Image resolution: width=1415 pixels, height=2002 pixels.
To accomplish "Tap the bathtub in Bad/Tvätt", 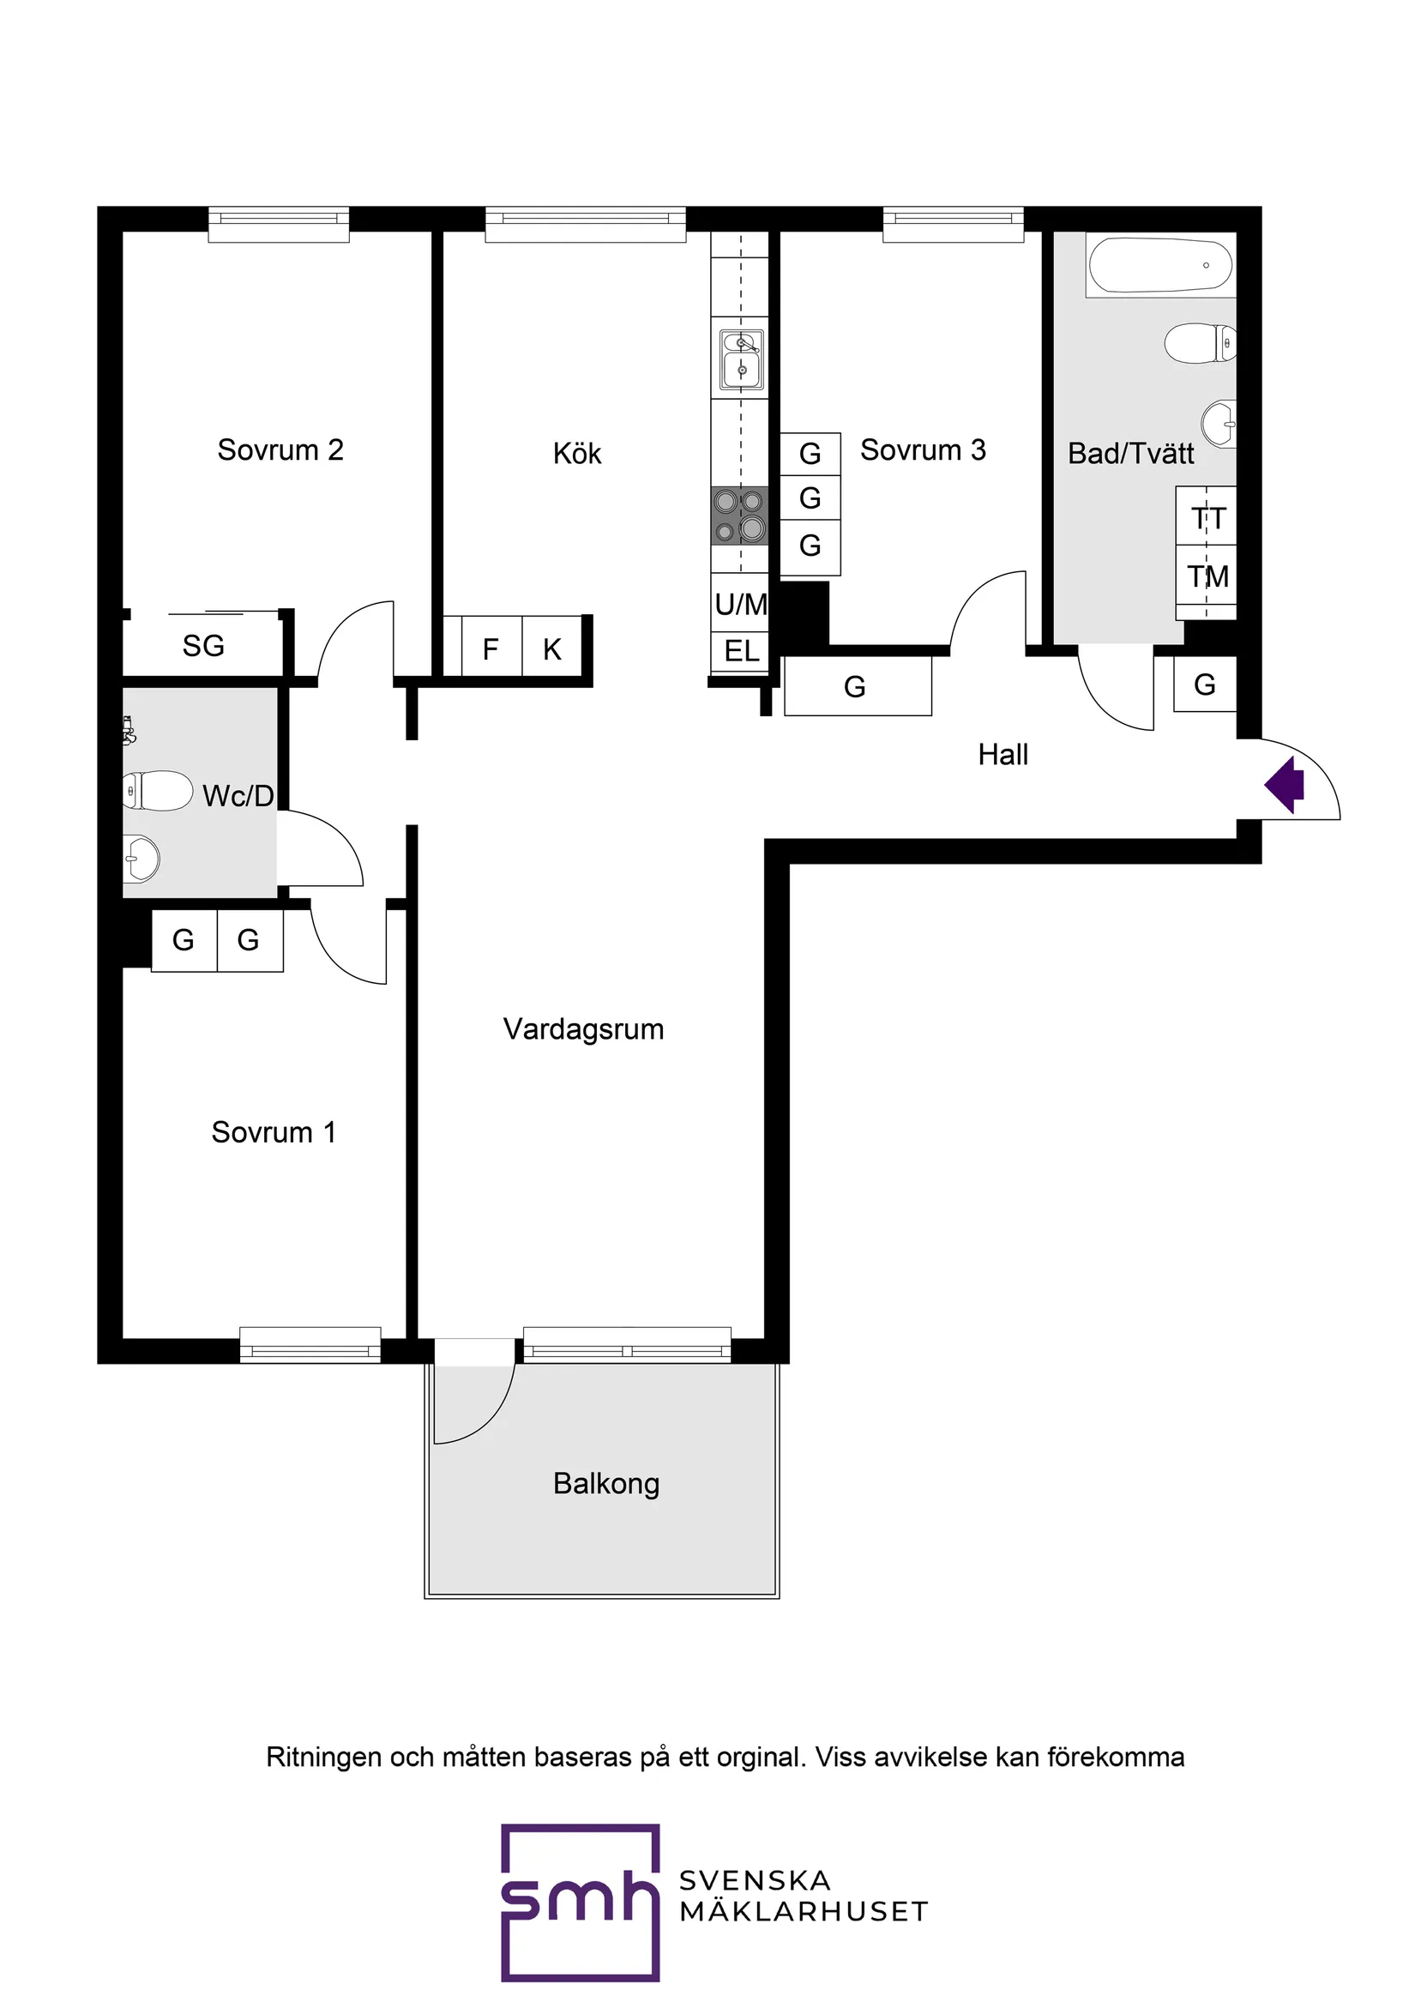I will (x=1159, y=266).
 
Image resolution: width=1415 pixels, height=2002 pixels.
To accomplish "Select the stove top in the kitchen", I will (x=739, y=516).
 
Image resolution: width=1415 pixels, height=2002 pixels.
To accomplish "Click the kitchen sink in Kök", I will (x=741, y=359).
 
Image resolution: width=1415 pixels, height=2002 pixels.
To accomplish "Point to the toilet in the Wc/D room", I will (x=157, y=791).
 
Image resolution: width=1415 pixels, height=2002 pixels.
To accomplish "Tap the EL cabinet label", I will (x=741, y=650).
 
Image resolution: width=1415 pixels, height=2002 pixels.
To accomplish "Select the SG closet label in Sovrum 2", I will (x=203, y=646).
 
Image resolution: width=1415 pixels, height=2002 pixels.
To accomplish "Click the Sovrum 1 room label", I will (x=273, y=1131).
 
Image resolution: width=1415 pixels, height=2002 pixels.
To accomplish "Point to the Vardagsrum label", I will (x=583, y=1029).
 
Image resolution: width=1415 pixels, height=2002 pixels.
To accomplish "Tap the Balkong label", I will (x=606, y=1483).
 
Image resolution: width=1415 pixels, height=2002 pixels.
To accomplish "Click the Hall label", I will (x=1003, y=754).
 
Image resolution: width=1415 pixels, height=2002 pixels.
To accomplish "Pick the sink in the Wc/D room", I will (x=141, y=858).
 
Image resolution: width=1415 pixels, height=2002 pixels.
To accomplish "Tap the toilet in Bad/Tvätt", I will (x=1200, y=343).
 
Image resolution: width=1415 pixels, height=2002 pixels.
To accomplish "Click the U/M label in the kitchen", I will (x=740, y=603).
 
